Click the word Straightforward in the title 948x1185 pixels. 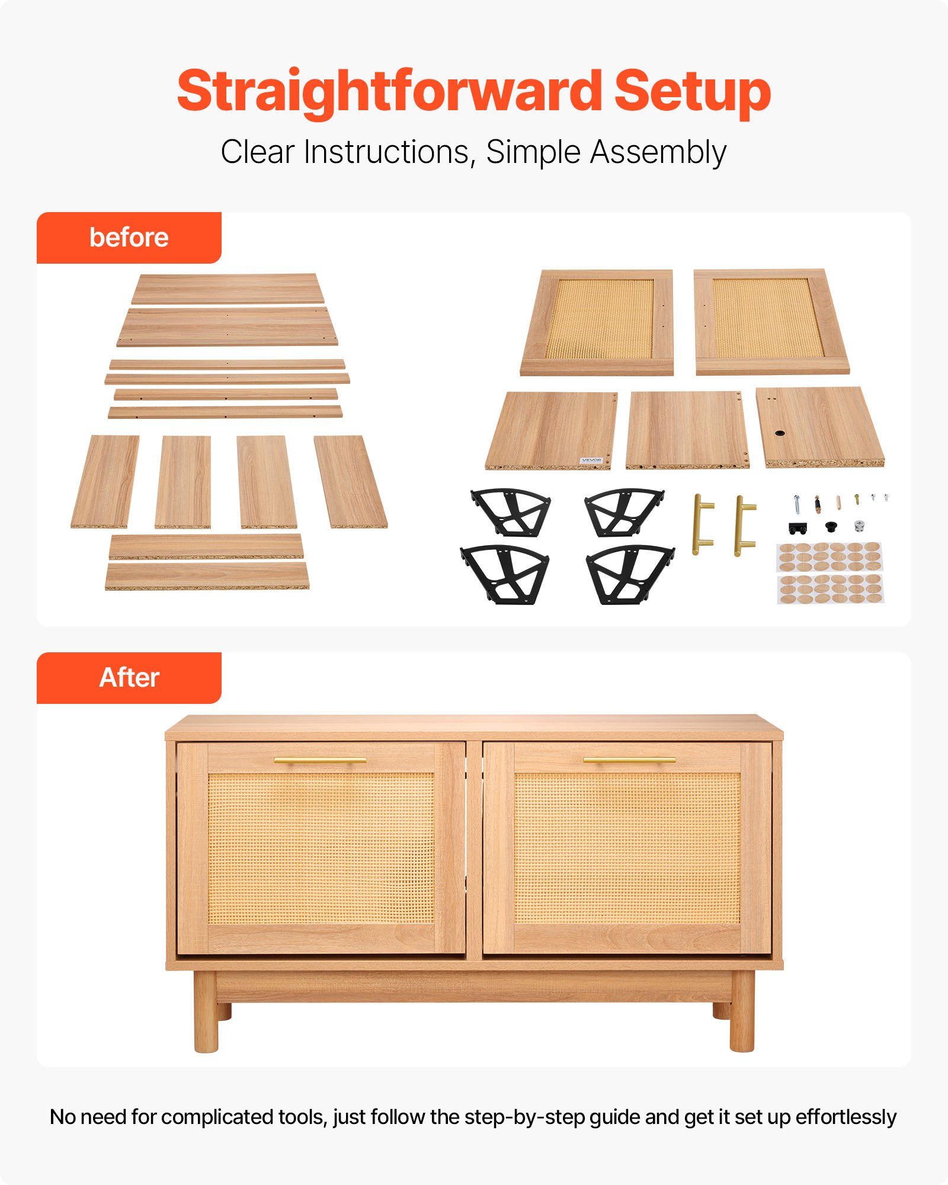pos(388,92)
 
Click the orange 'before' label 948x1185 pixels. pos(129,238)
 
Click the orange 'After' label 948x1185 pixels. pos(129,678)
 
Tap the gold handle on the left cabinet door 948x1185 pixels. pos(320,760)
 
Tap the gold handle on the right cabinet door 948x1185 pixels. pos(629,760)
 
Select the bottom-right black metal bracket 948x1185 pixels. pos(629,574)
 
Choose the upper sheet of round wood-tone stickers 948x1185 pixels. pos(829,556)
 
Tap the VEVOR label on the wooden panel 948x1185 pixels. pos(591,460)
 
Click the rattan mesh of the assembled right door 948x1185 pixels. pos(627,847)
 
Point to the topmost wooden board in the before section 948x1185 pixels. pos(227,289)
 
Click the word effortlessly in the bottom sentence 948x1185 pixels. pos(845,1117)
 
